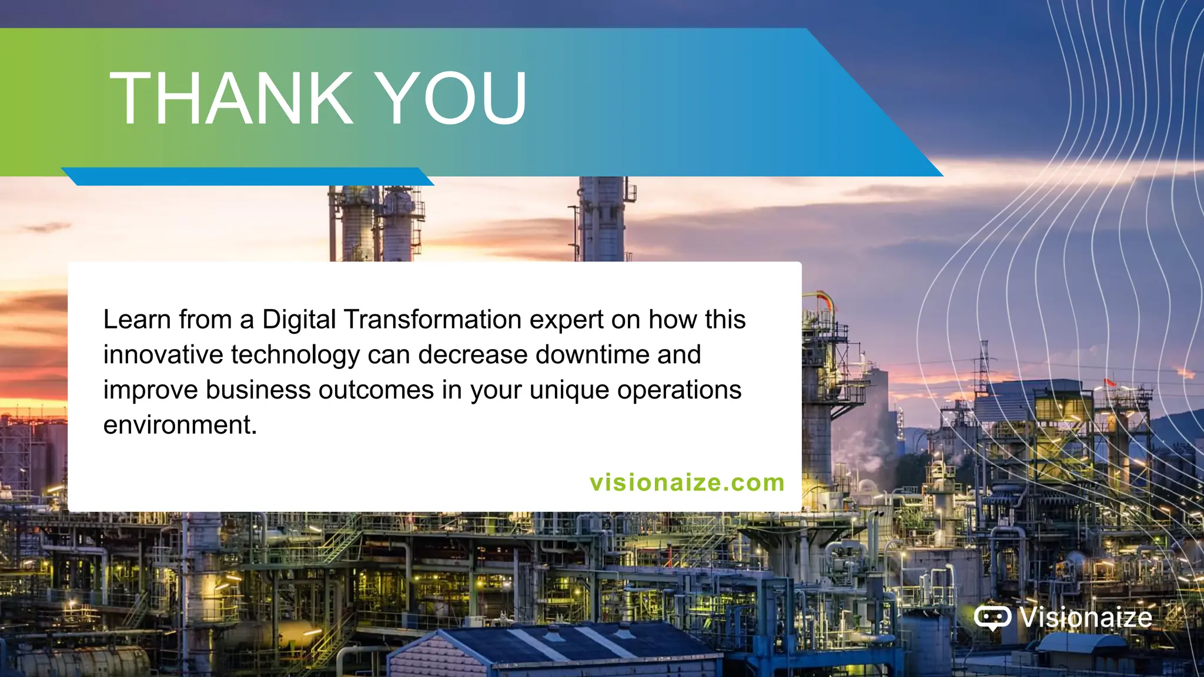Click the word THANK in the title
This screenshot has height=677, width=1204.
click(232, 98)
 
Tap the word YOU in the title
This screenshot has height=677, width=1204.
click(451, 98)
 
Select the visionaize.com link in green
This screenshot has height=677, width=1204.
click(687, 482)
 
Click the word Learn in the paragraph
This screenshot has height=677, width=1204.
click(137, 320)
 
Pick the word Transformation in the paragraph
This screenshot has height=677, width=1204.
click(433, 320)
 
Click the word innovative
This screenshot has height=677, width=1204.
click(163, 355)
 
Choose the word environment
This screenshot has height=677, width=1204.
click(180, 425)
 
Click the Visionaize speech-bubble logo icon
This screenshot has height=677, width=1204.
click(992, 618)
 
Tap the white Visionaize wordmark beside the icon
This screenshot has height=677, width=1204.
click(1086, 618)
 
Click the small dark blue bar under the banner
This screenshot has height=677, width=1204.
click(248, 176)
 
